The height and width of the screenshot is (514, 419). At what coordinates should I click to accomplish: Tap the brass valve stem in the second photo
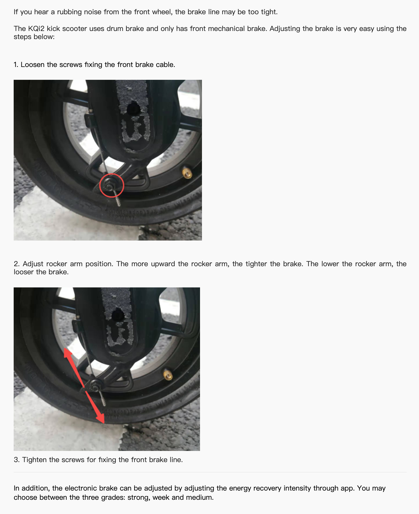pyautogui.click(x=168, y=374)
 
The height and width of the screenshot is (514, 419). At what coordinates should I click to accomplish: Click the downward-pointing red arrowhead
pyautogui.click(x=100, y=418)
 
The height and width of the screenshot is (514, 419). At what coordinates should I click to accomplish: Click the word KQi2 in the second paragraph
pyautogui.click(x=36, y=29)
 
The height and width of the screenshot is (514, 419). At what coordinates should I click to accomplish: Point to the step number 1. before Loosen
pyautogui.click(x=16, y=65)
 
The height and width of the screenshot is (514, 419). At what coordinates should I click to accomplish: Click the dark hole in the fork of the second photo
pyautogui.click(x=117, y=314)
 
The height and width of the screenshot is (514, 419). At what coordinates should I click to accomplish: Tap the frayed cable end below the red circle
pyautogui.click(x=117, y=199)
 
